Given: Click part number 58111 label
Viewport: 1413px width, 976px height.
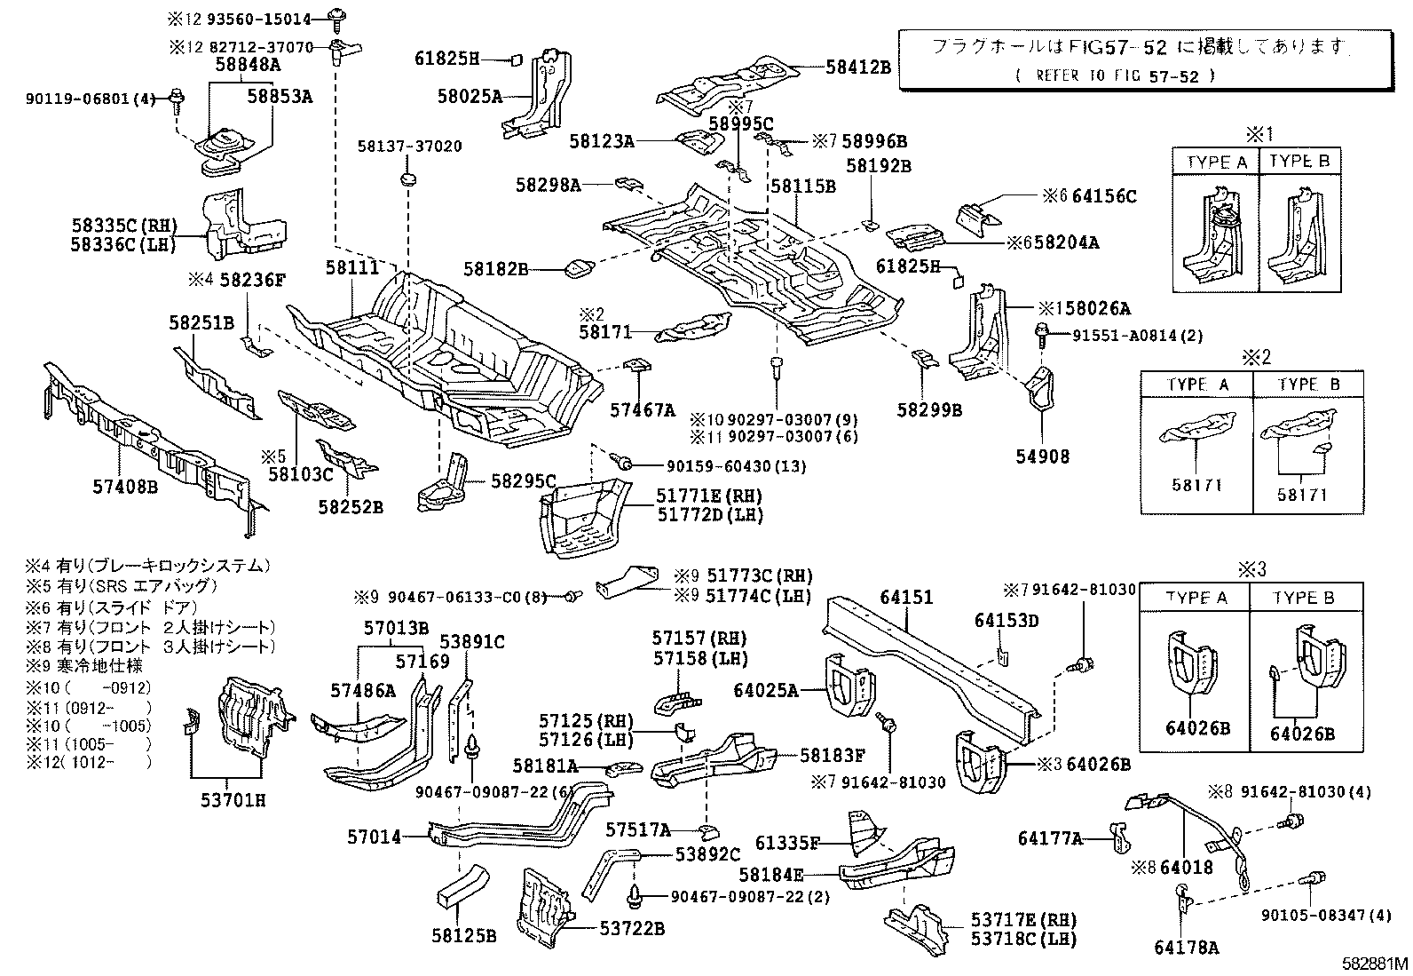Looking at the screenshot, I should pyautogui.click(x=351, y=266).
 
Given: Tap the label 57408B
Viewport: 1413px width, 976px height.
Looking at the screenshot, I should pyautogui.click(x=124, y=486).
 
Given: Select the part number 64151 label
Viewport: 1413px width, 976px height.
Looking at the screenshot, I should pyautogui.click(x=906, y=597).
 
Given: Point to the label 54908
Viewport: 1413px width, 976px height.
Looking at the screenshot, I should pyautogui.click(x=1042, y=456).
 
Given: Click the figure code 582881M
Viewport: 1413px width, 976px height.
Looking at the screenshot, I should pyautogui.click(x=1375, y=963).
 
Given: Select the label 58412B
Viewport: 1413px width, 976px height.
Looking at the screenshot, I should pyautogui.click(x=857, y=66).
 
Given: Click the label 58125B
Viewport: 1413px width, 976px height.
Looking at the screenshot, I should pyautogui.click(x=464, y=935).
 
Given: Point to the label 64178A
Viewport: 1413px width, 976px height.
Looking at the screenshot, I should pyautogui.click(x=1187, y=948).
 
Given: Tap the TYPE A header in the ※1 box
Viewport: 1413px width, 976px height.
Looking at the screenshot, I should pyautogui.click(x=1217, y=162).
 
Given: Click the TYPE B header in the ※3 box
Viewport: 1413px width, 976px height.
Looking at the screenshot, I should pyautogui.click(x=1303, y=597).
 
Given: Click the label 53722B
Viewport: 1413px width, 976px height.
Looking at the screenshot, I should pyautogui.click(x=632, y=929).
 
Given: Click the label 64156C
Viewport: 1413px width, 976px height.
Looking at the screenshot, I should pyautogui.click(x=1103, y=196).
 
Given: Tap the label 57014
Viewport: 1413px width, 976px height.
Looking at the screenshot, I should pyautogui.click(x=374, y=836).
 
